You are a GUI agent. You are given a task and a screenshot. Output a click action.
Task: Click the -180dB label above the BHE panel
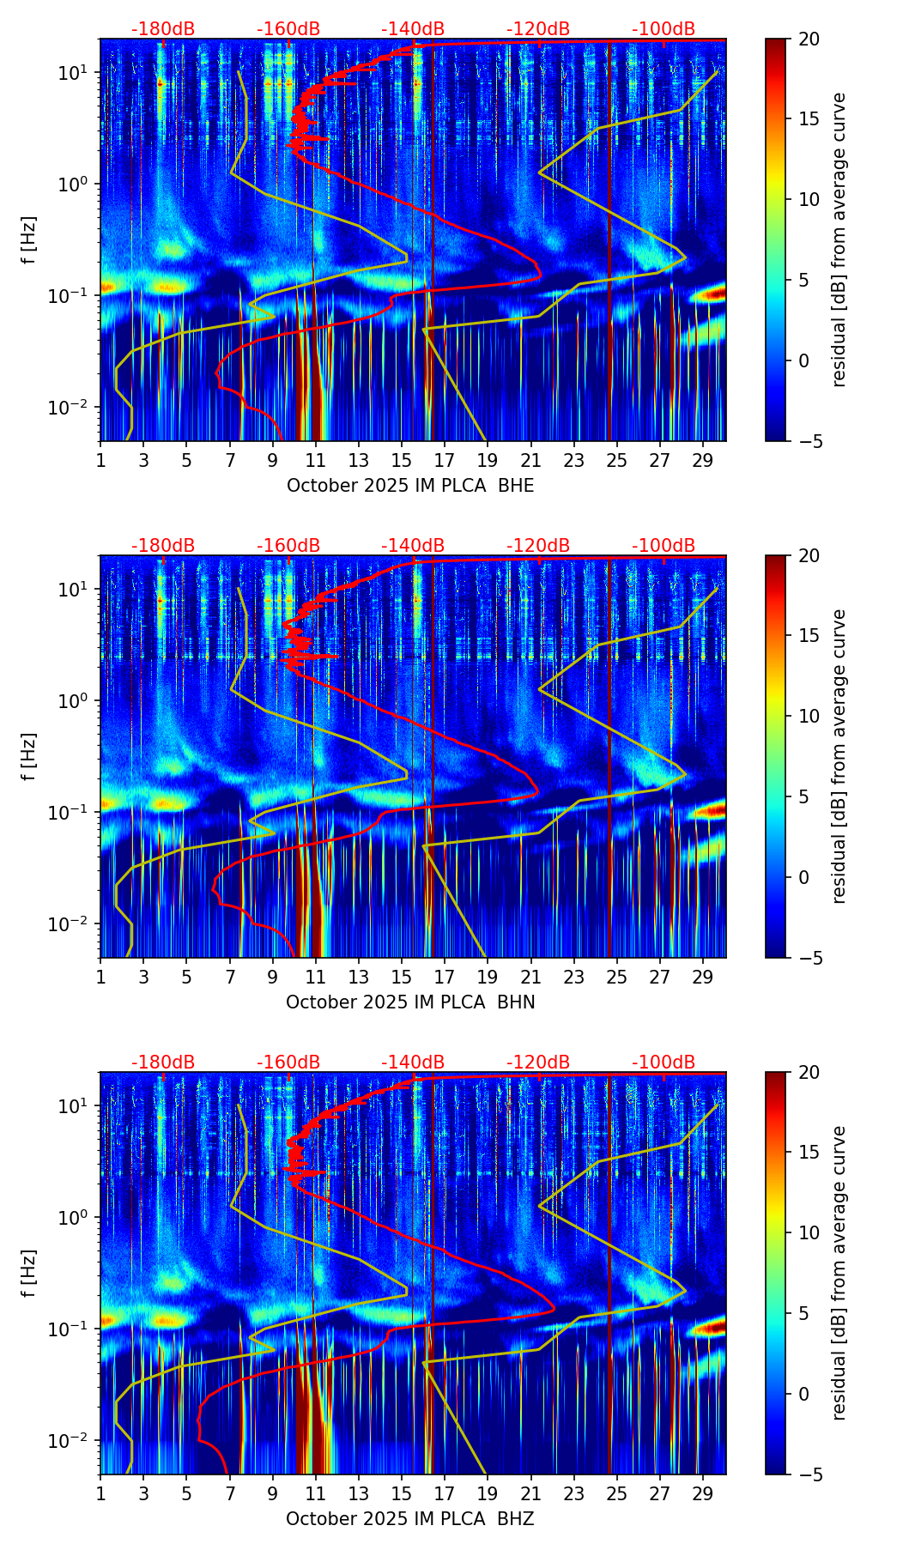pos(163,29)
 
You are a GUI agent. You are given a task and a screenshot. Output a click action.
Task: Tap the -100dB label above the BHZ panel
pos(664,1063)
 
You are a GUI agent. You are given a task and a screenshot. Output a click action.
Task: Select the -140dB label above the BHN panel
pos(413,546)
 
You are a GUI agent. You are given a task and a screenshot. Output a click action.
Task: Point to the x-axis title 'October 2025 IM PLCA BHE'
pos(410,486)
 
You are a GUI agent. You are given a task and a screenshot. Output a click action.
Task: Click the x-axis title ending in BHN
pos(410,1002)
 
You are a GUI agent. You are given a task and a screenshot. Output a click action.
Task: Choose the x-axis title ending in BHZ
pos(410,1519)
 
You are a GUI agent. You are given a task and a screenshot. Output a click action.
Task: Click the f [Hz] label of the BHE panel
pos(30,240)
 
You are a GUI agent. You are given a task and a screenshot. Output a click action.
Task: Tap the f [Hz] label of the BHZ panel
pos(30,1274)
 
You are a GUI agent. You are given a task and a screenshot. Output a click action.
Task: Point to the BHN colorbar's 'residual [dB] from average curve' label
pos(839,756)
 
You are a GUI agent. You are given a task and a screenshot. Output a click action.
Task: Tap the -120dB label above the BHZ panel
pos(538,1063)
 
